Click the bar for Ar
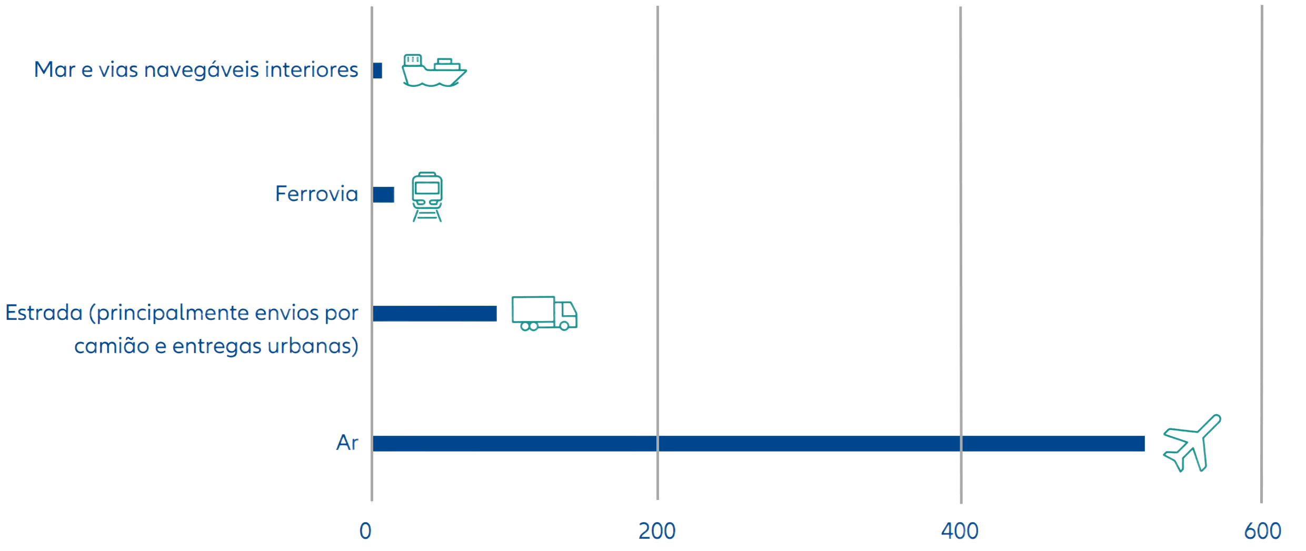pyautogui.click(x=758, y=443)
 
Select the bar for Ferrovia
pyautogui.click(x=384, y=194)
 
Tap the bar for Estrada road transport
pyautogui.click(x=435, y=313)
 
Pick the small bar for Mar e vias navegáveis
pyautogui.click(x=377, y=71)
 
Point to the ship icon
pyautogui.click(x=433, y=71)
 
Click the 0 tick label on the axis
pyautogui.click(x=365, y=530)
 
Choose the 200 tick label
pyautogui.click(x=657, y=530)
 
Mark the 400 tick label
pyautogui.click(x=960, y=530)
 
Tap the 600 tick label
pyautogui.click(x=1262, y=530)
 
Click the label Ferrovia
pyautogui.click(x=316, y=194)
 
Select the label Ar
pyautogui.click(x=347, y=443)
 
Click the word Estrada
pyautogui.click(x=44, y=313)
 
